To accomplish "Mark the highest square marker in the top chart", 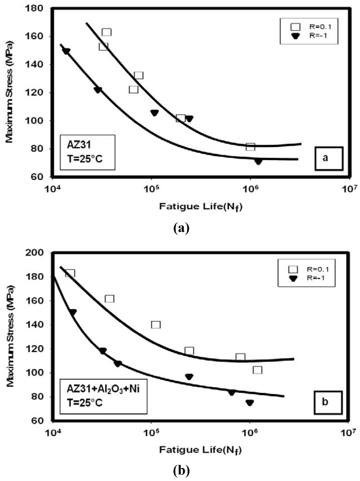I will (107, 32).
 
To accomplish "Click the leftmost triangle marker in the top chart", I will (66, 51).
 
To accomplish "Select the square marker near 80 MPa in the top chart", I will (250, 147).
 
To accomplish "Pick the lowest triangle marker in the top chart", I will (259, 162).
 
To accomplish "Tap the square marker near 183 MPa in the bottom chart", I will (70, 273).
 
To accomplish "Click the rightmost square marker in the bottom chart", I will (258, 370).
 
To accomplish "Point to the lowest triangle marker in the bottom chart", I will (250, 403).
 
